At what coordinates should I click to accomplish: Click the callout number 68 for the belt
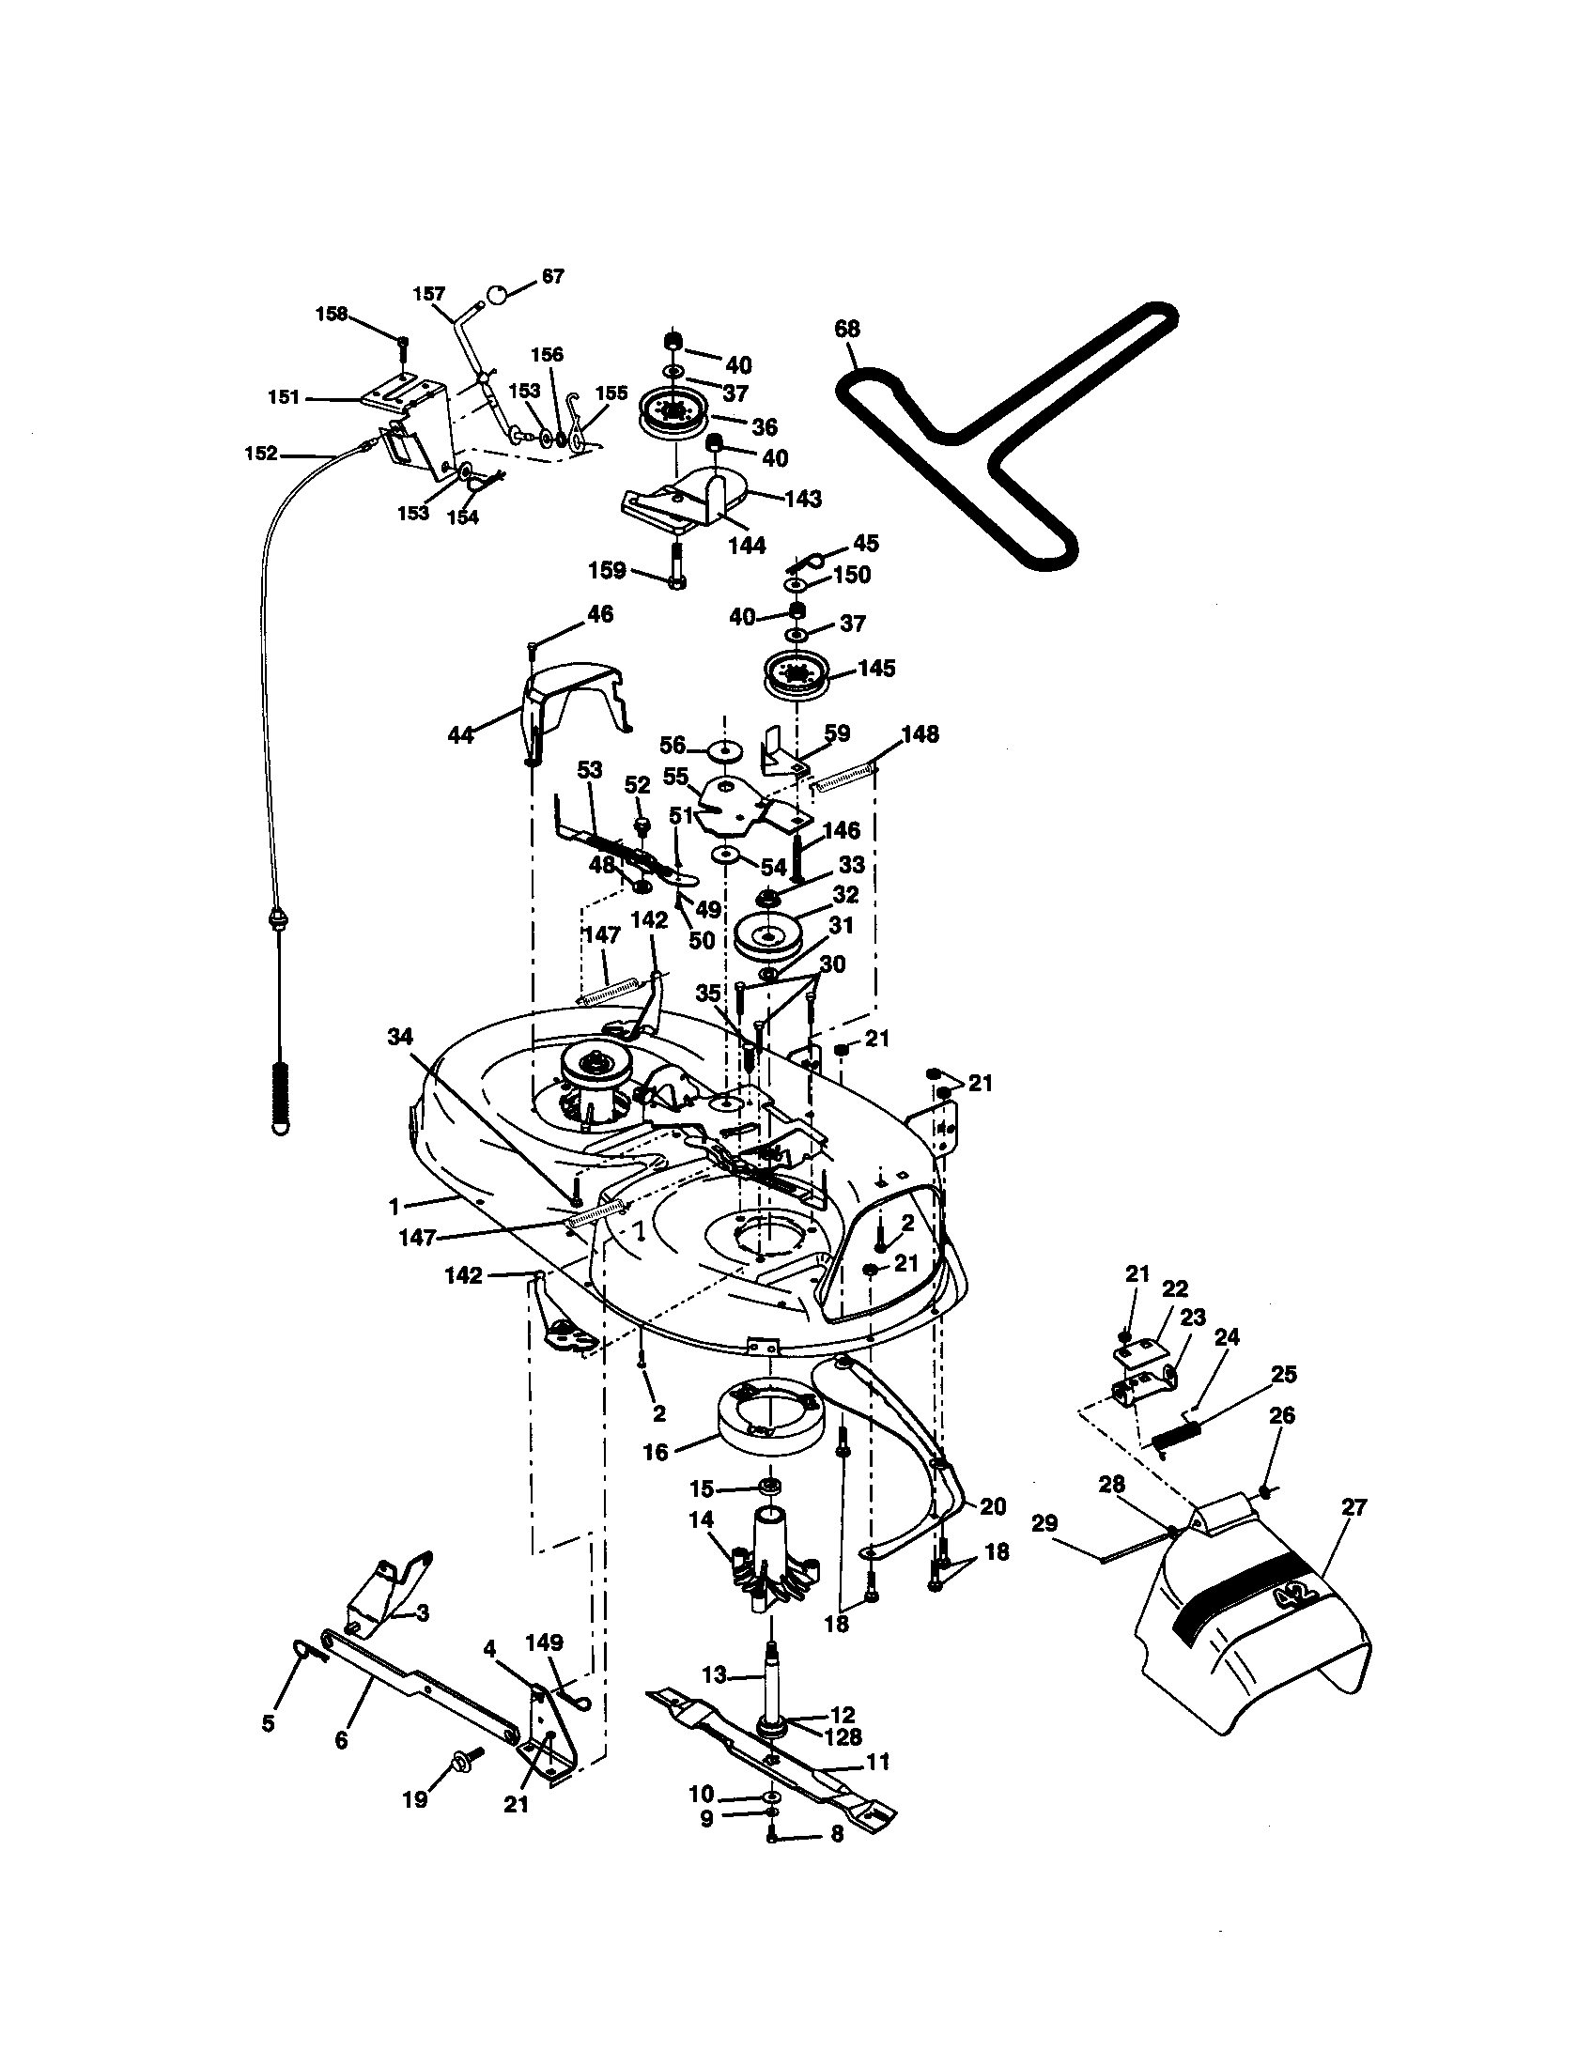pos(846,330)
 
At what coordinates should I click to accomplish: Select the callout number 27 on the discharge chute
pos(1354,1507)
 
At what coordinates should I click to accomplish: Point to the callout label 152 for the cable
pos(260,454)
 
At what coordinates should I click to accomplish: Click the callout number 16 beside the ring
pos(655,1451)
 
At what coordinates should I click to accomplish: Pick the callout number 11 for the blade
pos(878,1763)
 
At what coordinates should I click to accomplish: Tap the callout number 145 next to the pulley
pos(876,668)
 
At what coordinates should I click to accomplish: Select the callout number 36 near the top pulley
pos(765,426)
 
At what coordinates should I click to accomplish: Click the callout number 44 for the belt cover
pos(460,734)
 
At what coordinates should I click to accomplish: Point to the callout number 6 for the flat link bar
pos(341,1738)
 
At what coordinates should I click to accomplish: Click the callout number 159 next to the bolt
pos(607,569)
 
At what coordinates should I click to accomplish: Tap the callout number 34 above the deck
pos(401,1038)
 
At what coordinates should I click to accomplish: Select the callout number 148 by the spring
pos(920,733)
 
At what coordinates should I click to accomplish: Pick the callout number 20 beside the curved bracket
pos(992,1506)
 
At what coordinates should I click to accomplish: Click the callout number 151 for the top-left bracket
pos(284,397)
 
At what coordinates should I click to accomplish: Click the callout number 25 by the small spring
pos(1284,1374)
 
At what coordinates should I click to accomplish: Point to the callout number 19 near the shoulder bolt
pos(415,1798)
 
